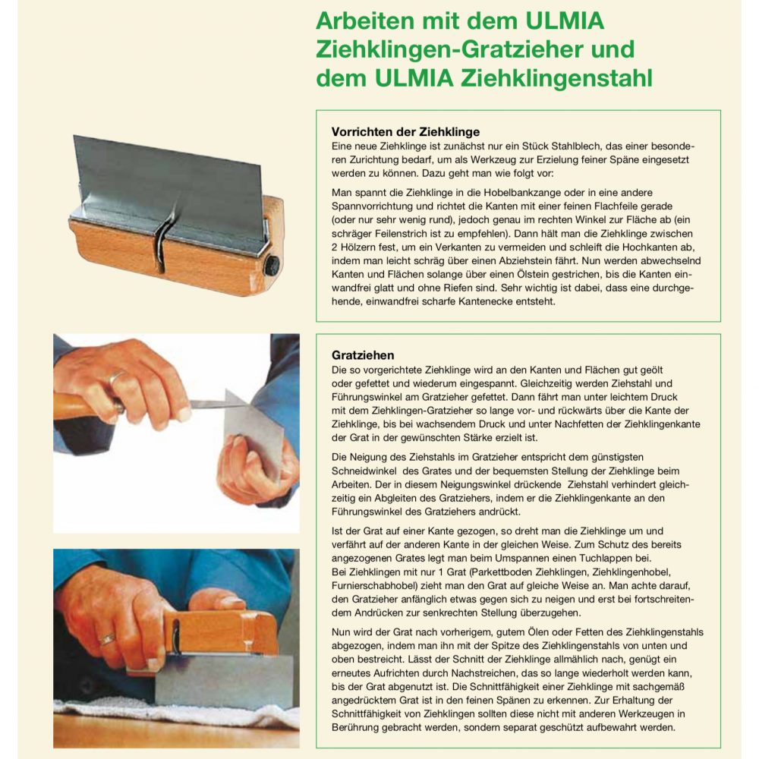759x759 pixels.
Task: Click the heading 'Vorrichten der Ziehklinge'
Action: (x=405, y=131)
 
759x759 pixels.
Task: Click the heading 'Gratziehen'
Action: (x=363, y=354)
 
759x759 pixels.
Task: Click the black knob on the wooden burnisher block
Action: (x=272, y=264)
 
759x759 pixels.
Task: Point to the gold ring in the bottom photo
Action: (x=107, y=638)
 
